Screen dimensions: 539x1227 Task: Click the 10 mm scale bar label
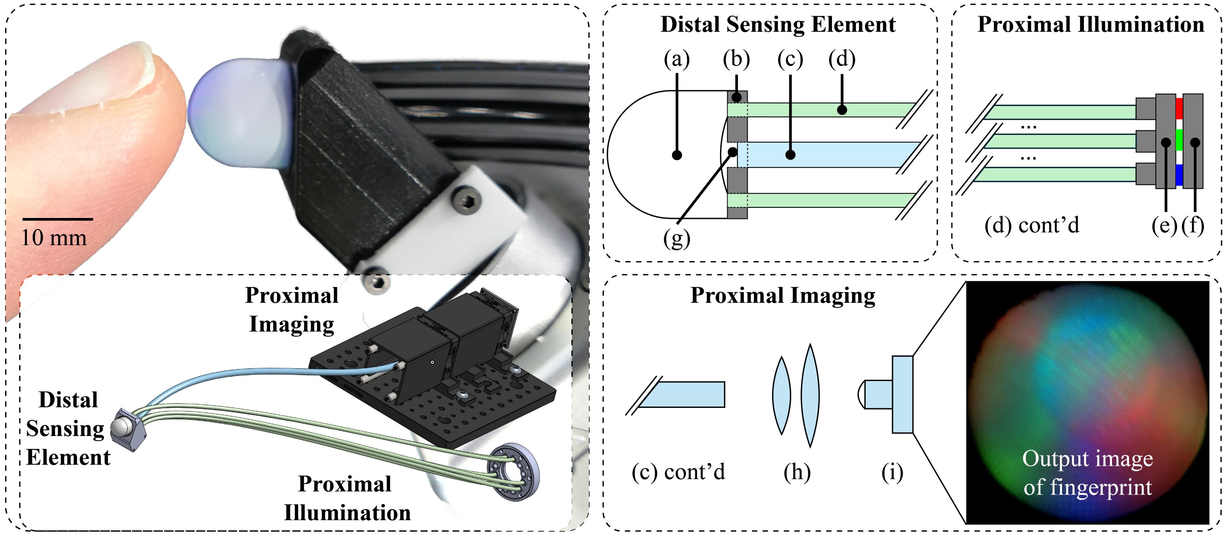point(54,237)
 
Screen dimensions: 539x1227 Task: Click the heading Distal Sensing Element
point(778,25)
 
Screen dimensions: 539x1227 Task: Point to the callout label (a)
point(677,59)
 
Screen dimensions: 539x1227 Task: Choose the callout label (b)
point(736,59)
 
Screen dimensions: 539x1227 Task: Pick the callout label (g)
point(677,238)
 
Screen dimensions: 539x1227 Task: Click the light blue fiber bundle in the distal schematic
point(824,155)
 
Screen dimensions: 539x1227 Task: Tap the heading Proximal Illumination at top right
point(1090,25)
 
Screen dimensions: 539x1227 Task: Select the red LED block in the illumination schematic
point(1179,108)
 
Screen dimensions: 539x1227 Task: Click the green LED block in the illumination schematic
point(1179,140)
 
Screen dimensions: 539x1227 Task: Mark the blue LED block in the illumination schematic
point(1179,175)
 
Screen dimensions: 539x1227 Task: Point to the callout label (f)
point(1193,225)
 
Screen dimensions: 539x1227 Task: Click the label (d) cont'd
point(1031,225)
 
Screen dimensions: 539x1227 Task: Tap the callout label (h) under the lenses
point(797,472)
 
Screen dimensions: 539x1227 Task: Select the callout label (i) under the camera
point(892,472)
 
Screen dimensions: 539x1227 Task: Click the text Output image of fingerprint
point(1087,473)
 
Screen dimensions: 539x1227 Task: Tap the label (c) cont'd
point(678,472)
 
